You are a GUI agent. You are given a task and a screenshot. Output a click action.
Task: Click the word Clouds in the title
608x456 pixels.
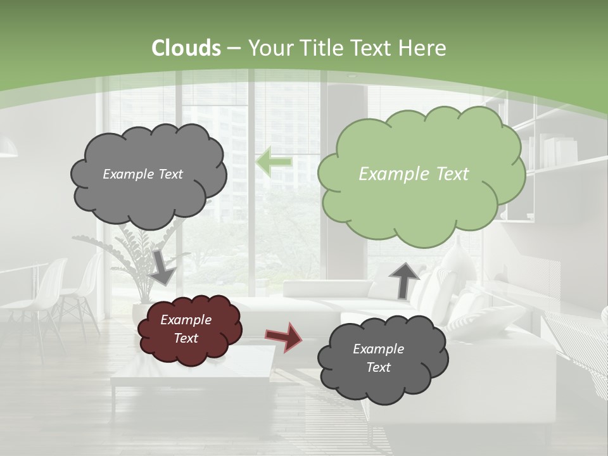(186, 48)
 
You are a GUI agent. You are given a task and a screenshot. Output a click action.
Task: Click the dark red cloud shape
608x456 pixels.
(188, 330)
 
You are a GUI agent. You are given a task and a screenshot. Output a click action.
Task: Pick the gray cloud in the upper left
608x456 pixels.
(148, 174)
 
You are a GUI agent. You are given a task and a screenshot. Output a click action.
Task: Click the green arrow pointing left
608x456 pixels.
(274, 162)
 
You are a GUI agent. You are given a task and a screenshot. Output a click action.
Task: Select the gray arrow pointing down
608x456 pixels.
(163, 266)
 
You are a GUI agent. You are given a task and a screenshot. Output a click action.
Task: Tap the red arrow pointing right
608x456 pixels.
(283, 336)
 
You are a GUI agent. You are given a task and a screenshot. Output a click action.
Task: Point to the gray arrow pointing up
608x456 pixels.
(404, 279)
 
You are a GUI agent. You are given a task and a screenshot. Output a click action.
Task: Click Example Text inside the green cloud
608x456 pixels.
(414, 174)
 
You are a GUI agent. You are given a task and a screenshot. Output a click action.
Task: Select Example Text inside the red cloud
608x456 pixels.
(186, 329)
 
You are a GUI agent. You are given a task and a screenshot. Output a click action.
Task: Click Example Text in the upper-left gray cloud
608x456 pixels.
(142, 174)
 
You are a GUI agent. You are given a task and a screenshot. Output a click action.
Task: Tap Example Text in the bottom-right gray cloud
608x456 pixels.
(378, 358)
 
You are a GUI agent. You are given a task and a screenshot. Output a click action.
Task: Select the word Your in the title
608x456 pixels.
(266, 48)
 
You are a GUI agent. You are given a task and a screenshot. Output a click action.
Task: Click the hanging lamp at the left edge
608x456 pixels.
(8, 149)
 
